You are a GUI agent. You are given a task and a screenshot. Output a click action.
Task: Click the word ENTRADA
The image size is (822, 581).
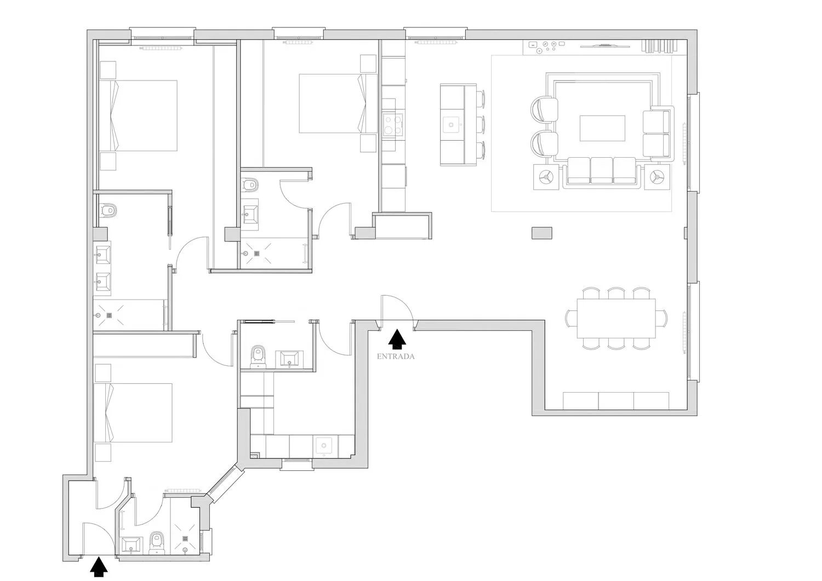point(396,356)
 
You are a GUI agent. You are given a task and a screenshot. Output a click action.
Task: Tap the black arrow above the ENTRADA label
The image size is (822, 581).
point(397,340)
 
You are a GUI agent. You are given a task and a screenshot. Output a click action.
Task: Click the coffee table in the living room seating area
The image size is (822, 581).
point(602,128)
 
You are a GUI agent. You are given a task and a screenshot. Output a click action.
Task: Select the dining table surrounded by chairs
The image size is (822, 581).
point(616,318)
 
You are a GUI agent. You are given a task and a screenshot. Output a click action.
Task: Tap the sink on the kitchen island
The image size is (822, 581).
point(452,125)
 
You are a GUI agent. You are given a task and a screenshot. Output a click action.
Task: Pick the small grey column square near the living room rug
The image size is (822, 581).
point(541,233)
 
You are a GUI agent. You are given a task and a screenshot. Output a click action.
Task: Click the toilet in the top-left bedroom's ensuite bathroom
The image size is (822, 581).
point(108,210)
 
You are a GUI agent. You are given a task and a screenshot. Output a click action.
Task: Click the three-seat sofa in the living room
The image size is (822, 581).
point(602,171)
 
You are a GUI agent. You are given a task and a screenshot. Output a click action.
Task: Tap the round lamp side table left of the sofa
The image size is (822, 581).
point(546,177)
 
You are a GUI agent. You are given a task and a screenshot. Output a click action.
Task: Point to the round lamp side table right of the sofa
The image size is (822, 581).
point(657,177)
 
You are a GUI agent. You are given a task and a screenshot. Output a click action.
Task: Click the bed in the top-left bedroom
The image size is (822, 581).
point(138,116)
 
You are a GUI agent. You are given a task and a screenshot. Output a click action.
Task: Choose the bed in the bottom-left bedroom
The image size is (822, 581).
point(133,413)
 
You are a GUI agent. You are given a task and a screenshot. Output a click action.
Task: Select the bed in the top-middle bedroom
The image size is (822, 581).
point(338,103)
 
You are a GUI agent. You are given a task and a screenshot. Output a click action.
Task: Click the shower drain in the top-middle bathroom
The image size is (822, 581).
point(257,253)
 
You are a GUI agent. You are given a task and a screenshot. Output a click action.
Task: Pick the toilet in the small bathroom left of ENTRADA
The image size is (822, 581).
point(258,356)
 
